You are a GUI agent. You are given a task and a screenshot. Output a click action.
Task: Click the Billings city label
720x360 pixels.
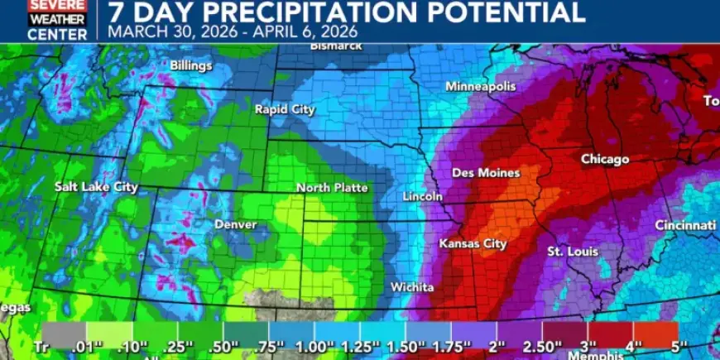191,65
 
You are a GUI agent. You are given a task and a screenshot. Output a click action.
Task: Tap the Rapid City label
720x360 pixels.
285,109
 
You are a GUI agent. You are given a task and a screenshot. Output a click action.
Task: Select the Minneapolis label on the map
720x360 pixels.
480,87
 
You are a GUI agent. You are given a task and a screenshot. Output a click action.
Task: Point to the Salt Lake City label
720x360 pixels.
96,187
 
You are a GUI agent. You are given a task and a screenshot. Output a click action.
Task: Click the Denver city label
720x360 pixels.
235,224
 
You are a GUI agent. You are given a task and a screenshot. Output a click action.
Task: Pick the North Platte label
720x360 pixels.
332,188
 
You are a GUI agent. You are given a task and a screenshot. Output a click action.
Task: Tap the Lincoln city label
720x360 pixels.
422,197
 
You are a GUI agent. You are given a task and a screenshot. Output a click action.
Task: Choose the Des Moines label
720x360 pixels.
486,173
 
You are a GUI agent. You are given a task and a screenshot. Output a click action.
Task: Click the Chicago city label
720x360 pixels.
605,159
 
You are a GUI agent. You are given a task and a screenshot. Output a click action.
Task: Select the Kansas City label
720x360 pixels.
473,244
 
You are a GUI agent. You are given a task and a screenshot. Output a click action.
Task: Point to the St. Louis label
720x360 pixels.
569,251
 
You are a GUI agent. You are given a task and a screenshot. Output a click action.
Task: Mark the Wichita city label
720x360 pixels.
412,287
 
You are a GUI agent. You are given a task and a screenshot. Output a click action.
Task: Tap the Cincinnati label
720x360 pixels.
684,225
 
